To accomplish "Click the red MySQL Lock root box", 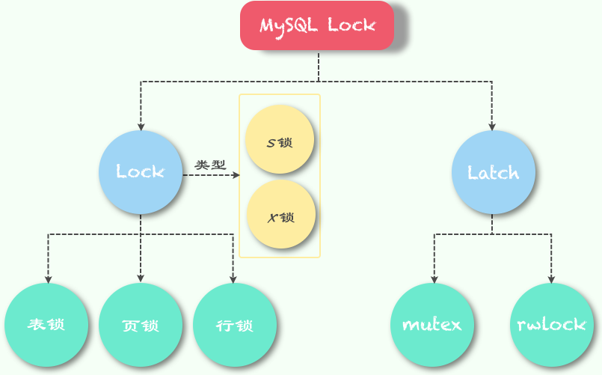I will click(x=317, y=25).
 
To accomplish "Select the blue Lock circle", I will click(x=141, y=172).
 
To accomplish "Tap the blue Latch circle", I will click(x=493, y=172).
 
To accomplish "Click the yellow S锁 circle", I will click(x=280, y=140).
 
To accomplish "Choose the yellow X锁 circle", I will click(x=280, y=216).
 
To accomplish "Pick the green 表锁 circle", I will click(x=46, y=325).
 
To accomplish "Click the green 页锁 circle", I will click(x=141, y=325).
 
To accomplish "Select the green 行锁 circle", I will click(x=235, y=325).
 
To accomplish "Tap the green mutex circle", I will click(x=432, y=325).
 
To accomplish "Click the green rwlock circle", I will click(x=552, y=325).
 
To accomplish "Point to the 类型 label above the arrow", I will click(x=210, y=165).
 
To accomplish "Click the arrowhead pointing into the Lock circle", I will click(x=141, y=127).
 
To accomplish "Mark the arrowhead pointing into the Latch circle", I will click(x=492, y=127).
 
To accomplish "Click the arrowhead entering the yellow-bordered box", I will click(x=236, y=175).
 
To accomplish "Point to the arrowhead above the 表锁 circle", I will click(x=49, y=280).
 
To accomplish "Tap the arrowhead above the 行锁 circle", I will click(x=233, y=280).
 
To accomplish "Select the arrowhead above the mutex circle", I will click(x=434, y=280).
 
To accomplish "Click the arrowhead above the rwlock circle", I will click(x=551, y=280).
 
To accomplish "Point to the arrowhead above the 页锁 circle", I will click(x=141, y=280).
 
